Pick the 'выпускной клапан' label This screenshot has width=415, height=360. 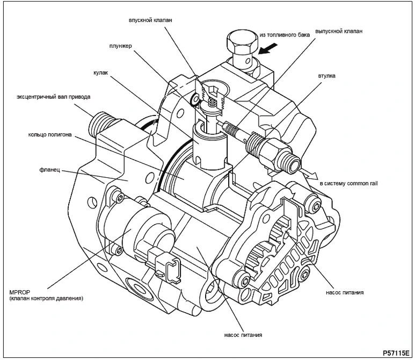339,31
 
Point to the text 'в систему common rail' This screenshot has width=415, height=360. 349,183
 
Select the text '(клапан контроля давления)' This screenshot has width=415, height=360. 46,298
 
